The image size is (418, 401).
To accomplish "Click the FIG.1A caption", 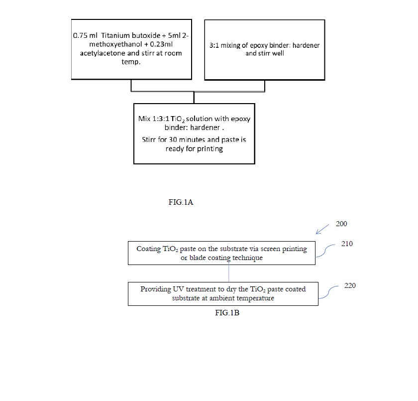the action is pos(181,202).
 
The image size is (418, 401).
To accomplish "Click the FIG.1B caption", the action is pos(227,313).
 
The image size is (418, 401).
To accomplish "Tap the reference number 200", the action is pos(341,224).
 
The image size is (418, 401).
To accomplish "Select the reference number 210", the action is pos(347,244).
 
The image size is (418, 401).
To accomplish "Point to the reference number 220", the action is pos(350,285).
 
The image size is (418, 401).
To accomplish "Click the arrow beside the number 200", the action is pos(322,229).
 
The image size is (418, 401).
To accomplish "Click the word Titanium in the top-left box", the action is pos(115,35).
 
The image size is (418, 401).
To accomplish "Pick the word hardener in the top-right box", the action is pos(306,45).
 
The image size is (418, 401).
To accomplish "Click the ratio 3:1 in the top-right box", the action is pos(214,45).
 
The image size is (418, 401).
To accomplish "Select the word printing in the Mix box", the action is pos(210,149).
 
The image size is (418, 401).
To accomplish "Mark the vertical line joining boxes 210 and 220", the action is pos(229,272).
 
